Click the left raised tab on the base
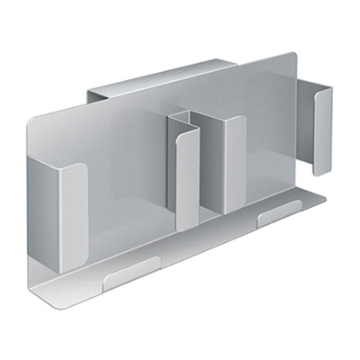point(130,274)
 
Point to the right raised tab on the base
point(280,216)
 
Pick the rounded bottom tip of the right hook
point(319,169)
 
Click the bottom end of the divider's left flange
point(185,226)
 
